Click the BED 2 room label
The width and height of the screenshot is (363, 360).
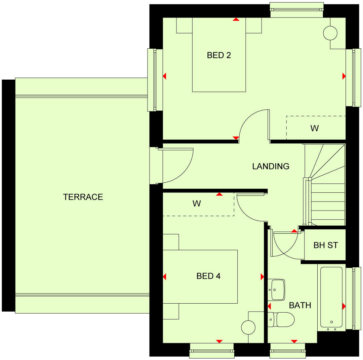[x=219, y=55]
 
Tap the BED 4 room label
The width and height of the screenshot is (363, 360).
[x=208, y=276]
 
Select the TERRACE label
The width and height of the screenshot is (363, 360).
[x=83, y=197]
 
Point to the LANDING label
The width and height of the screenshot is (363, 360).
[x=271, y=166]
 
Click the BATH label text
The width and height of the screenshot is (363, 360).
[x=300, y=305]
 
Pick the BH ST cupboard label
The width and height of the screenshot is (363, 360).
[x=325, y=245]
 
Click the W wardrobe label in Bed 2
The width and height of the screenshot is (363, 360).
[x=314, y=128]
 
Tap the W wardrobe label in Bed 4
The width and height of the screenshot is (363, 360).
[x=197, y=204]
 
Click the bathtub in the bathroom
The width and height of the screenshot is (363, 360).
[x=331, y=297]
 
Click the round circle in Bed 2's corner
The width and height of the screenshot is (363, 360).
[x=330, y=33]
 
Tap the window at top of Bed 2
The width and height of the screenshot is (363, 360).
[x=297, y=10]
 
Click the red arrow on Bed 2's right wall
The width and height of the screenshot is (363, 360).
[x=344, y=76]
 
